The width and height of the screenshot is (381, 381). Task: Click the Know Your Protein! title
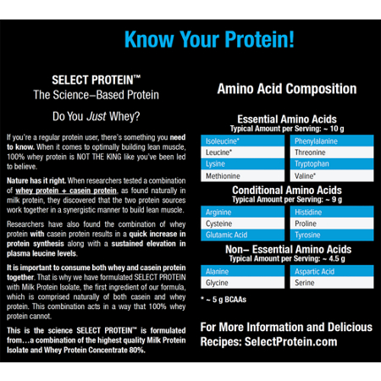coord(209,38)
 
